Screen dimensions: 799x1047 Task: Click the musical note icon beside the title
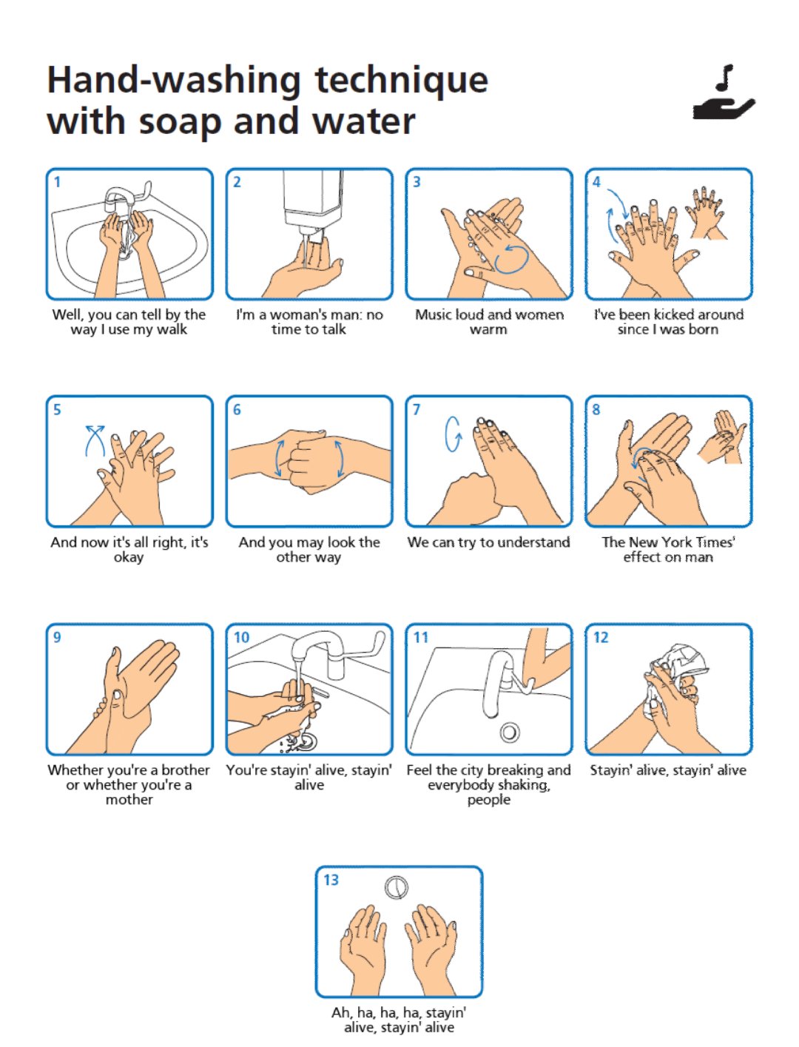(x=724, y=78)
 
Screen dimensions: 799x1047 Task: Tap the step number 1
(x=57, y=182)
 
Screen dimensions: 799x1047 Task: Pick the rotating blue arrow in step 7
(x=453, y=434)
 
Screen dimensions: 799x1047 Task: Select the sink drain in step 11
(x=510, y=733)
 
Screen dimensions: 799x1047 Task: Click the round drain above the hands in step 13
(x=396, y=887)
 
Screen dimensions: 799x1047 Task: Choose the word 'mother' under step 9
(x=129, y=799)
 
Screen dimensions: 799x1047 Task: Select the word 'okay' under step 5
(x=129, y=558)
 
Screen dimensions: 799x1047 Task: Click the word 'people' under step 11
(x=489, y=800)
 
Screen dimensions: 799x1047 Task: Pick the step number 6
(x=237, y=409)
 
